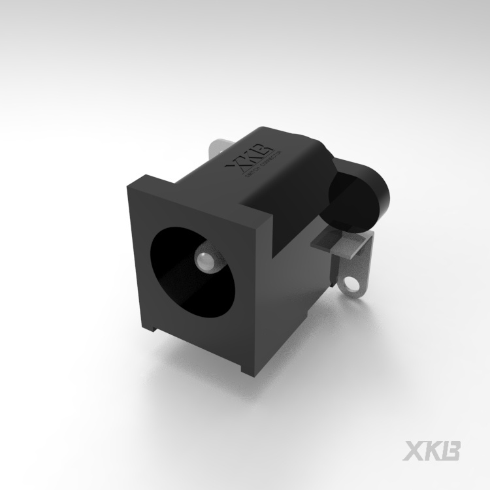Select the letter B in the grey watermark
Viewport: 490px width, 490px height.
point(452,451)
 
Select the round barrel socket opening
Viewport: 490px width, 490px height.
point(189,268)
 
